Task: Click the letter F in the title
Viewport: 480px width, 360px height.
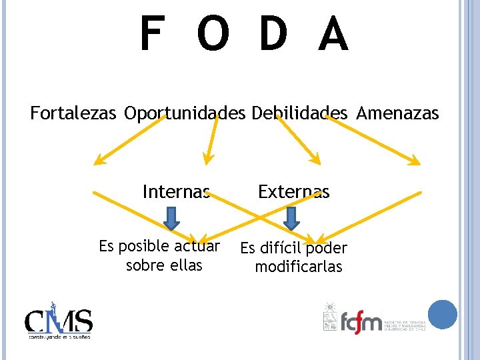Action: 151,35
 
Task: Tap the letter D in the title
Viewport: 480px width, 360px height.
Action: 273,35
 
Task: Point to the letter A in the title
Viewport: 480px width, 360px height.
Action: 333,35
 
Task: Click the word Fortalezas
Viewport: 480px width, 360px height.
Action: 74,113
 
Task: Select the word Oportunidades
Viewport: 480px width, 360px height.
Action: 185,113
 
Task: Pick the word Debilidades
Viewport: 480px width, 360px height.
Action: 300,113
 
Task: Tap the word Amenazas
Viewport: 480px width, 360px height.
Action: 398,113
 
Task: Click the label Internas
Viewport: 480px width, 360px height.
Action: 176,192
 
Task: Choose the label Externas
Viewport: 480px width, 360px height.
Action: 294,192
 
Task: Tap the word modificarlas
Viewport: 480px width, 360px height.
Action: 299,267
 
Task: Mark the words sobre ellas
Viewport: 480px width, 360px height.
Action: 164,265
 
